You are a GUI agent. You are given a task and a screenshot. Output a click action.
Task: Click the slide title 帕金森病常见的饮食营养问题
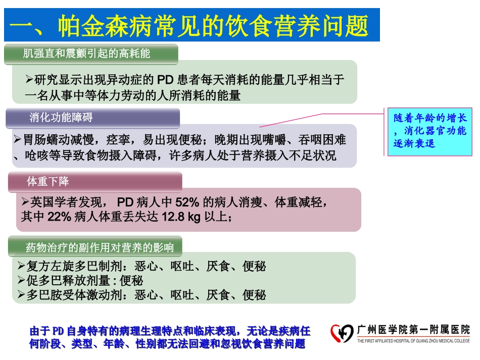(x=192, y=25)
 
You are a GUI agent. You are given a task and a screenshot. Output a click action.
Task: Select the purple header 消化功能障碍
(x=61, y=118)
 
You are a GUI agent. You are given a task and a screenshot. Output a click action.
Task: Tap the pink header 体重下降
(x=49, y=182)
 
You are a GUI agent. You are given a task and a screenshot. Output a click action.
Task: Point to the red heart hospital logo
(x=342, y=333)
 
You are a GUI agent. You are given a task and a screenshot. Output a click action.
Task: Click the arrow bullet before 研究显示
(x=29, y=79)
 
